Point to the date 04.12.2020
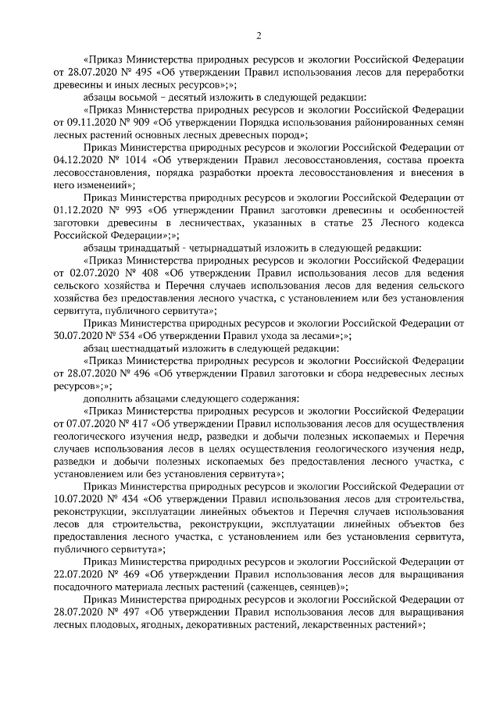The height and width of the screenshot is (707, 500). tap(80, 160)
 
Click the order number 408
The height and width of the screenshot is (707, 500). tap(141, 273)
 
